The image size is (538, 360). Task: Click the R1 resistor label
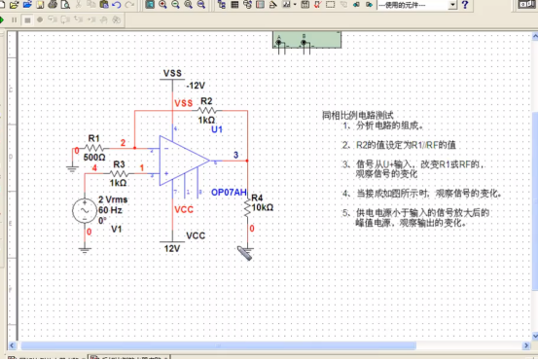93,138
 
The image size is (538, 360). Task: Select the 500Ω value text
94,157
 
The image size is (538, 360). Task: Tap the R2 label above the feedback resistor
206,100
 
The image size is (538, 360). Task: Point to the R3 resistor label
119,164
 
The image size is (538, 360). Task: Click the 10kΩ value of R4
262,208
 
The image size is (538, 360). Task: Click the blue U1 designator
216,128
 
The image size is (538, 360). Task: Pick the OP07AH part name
230,193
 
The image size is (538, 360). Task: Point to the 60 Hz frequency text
110,209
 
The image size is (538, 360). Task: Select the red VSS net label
183,103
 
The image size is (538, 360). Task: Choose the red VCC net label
183,209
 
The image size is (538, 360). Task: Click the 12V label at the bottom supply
172,248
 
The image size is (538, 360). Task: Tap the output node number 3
235,156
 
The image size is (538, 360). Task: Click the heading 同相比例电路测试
357,115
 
